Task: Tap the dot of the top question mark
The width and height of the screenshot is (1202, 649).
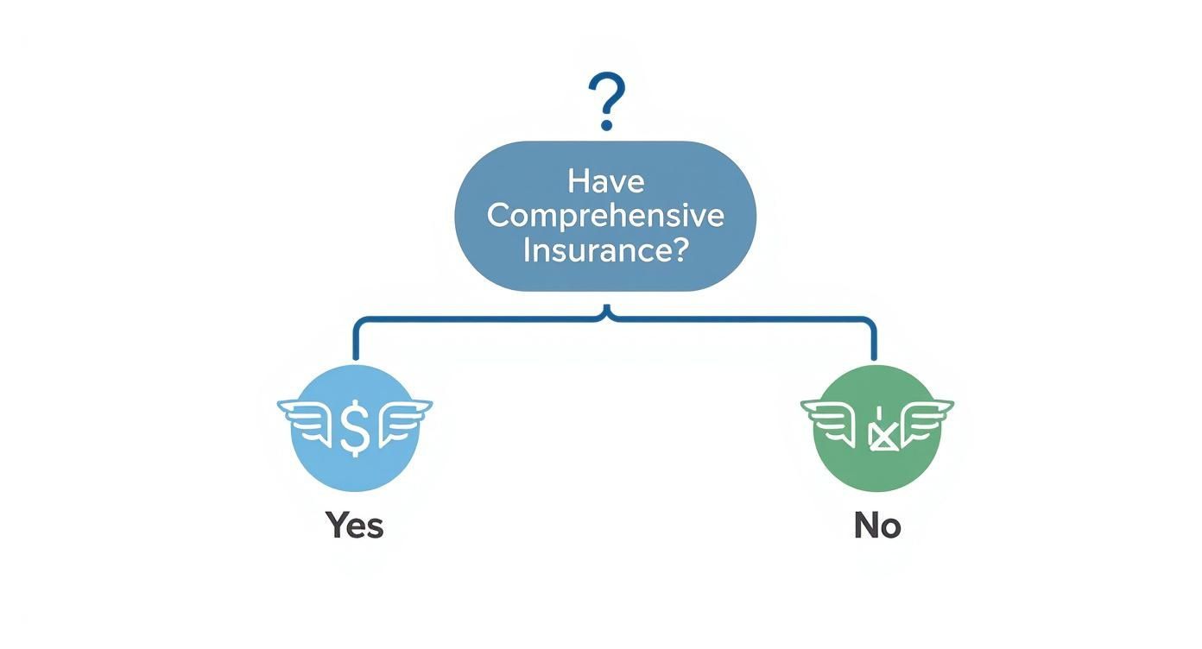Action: point(606,125)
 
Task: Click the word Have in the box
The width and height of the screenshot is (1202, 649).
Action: point(605,183)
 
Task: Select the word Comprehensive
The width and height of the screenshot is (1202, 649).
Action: point(605,216)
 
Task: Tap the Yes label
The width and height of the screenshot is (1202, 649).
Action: point(355,525)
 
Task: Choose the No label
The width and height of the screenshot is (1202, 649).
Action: point(877,525)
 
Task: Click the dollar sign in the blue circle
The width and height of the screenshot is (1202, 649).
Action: point(355,427)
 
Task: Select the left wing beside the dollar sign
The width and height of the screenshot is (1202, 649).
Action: point(307,415)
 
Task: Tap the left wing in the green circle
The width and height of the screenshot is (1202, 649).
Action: point(830,416)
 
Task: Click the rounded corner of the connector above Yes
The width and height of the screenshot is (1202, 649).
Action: point(358,322)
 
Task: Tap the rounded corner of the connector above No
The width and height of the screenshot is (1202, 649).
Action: point(870,322)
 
